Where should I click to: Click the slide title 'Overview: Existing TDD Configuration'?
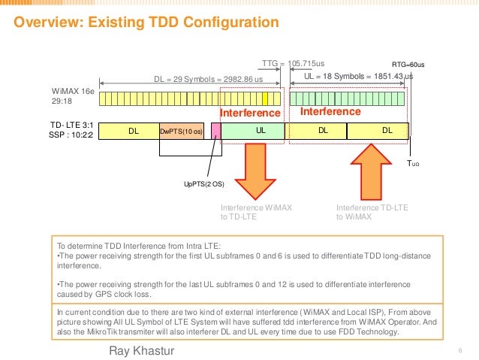[x=143, y=23]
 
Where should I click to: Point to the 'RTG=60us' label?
[x=408, y=65]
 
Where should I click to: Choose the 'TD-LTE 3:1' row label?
[x=71, y=126]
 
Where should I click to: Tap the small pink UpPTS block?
[x=215, y=131]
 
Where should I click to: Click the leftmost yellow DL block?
[x=133, y=131]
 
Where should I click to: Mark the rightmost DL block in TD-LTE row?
[x=387, y=131]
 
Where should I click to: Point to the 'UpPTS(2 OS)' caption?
[x=204, y=183]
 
